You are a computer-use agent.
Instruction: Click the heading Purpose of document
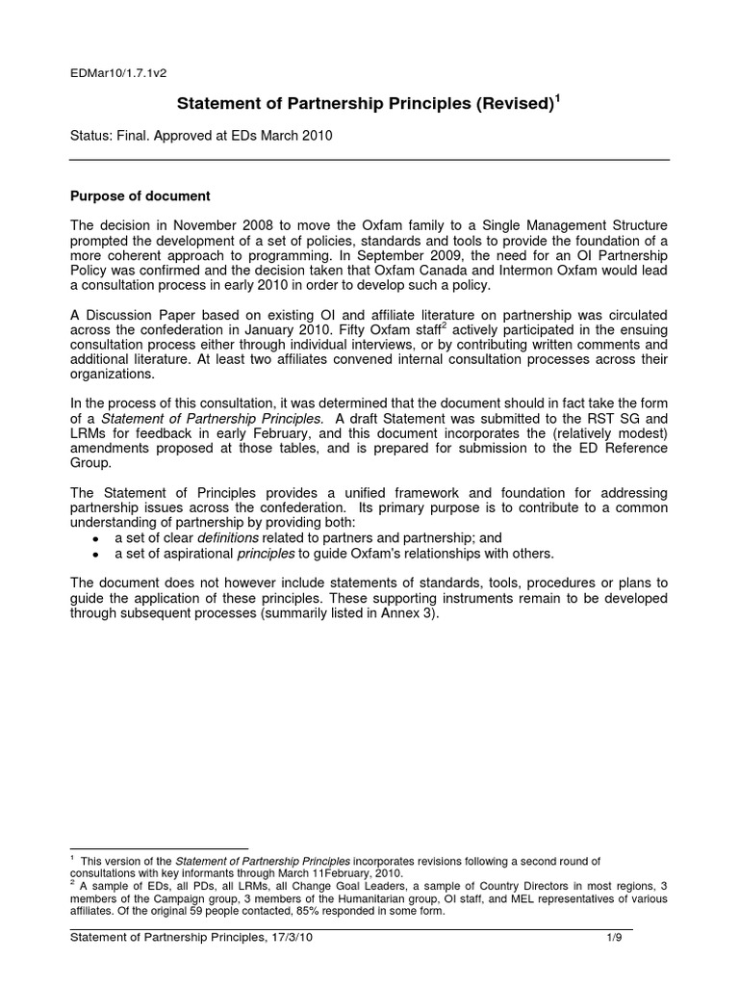[140, 196]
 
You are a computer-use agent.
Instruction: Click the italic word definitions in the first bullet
[230, 537]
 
